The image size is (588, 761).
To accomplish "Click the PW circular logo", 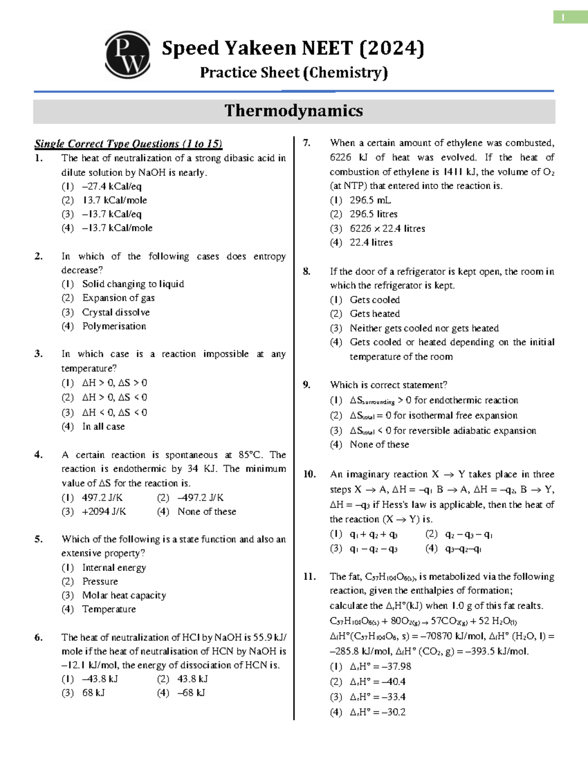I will coord(127,55).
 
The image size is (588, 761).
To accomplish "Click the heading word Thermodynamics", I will coord(294,111).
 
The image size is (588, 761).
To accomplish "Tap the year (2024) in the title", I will coord(392,48).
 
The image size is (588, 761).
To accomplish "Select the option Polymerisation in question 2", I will coord(114,326).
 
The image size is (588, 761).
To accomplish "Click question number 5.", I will coord(38,539).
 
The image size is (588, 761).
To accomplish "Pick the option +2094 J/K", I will coord(104,512).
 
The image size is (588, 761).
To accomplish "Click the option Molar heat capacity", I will coord(124,595).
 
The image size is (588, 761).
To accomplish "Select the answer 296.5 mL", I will coord(370,200).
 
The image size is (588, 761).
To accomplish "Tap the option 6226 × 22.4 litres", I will coord(387,229).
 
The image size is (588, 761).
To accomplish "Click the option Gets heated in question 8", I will coord(374,314).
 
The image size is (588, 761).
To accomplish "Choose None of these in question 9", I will coord(379,444).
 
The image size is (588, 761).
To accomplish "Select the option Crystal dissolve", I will coord(116,313).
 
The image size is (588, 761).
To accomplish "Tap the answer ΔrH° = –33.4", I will coord(377,697).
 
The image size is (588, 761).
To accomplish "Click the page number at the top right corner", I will coord(563,18).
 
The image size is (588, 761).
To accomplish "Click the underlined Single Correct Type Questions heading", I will coord(128,144).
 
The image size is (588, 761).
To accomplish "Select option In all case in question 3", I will coord(103,427).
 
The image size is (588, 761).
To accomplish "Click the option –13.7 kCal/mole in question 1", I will coord(117,228).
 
